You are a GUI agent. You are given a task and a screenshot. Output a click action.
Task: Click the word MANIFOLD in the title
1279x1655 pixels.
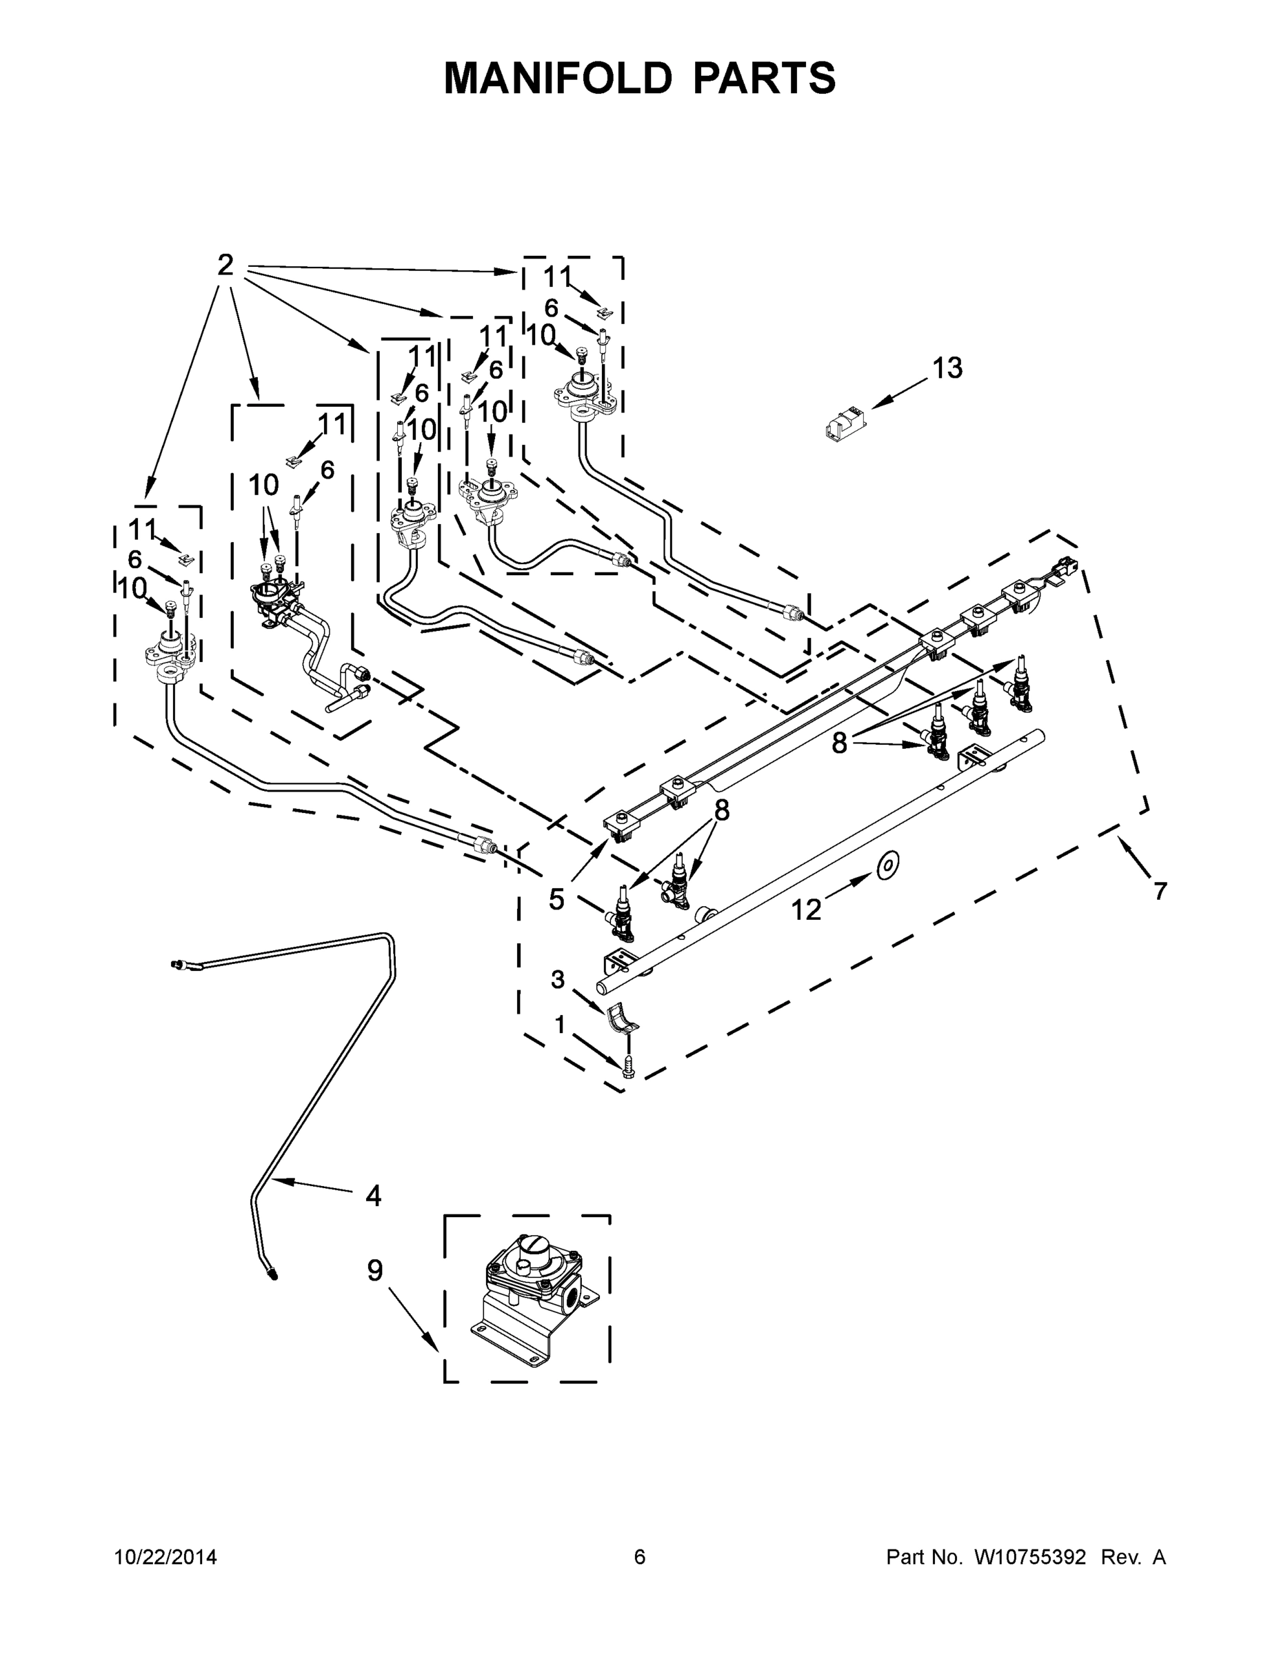[558, 78]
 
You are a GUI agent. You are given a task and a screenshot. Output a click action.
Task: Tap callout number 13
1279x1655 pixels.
[947, 368]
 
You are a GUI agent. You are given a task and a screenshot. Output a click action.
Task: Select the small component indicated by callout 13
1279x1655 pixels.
[845, 425]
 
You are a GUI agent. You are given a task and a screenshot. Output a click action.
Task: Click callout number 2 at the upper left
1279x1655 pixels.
[225, 265]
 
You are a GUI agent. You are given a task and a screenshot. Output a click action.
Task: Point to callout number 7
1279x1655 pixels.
[1159, 891]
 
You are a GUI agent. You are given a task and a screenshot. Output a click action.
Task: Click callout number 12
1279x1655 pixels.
[805, 910]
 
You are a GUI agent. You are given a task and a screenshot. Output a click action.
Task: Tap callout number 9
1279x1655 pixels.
[375, 1271]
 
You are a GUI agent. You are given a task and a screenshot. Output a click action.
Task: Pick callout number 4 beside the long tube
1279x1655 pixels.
[373, 1196]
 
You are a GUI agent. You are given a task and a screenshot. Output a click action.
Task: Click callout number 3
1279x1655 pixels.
[558, 980]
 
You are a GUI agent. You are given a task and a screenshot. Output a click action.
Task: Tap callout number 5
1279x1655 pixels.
[556, 899]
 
